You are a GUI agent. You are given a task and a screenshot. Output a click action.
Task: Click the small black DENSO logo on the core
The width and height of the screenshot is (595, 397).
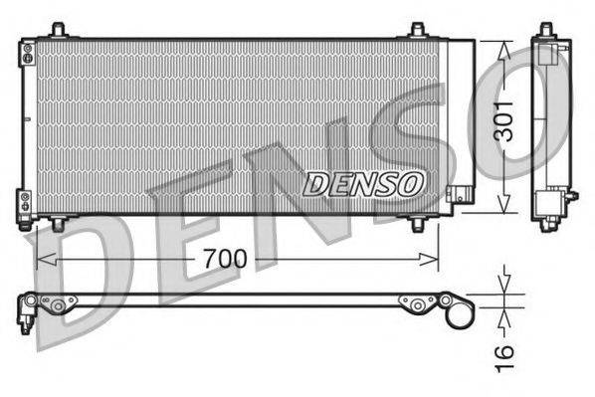364,183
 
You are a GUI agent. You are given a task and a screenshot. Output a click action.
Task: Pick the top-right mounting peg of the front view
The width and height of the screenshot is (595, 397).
416,31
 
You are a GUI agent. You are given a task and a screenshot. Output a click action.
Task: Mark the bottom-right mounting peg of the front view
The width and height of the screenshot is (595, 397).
418,223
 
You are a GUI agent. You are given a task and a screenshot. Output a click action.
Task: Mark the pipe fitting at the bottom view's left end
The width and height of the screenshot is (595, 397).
25,312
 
